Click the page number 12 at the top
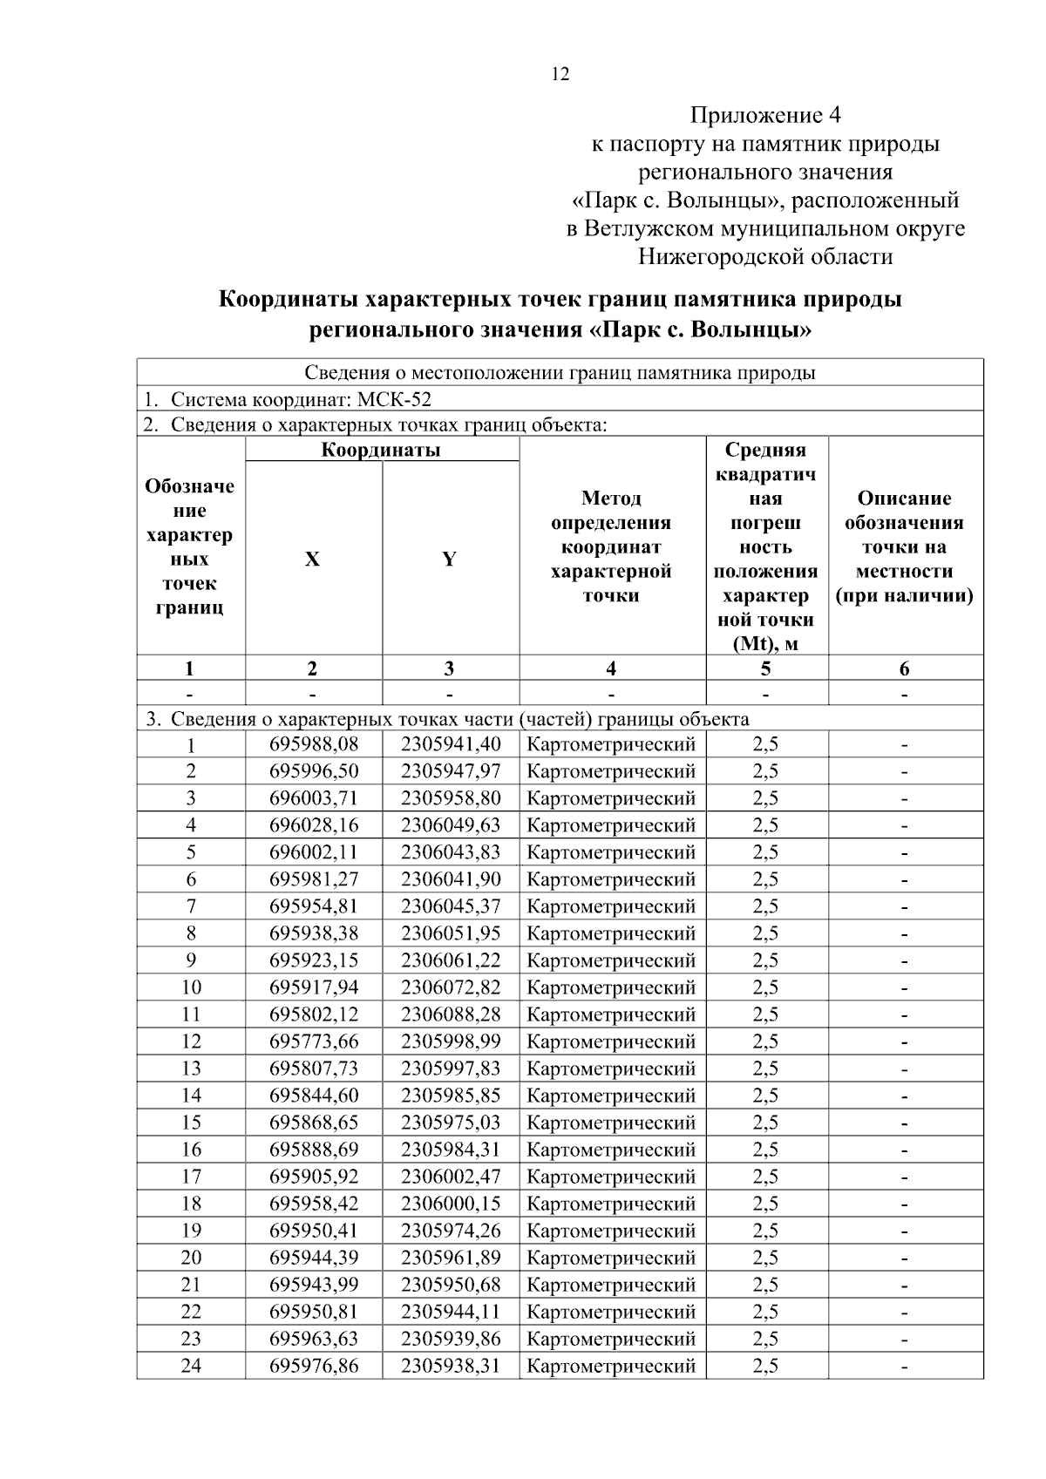pyautogui.click(x=560, y=74)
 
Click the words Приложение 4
pyautogui.click(x=765, y=115)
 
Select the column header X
pyautogui.click(x=312, y=560)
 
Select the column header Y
pyautogui.click(x=449, y=560)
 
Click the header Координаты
pyautogui.click(x=381, y=450)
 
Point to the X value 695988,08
pyautogui.click(x=314, y=744)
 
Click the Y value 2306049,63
pyautogui.click(x=451, y=825)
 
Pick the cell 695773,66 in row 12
pyautogui.click(x=314, y=1041)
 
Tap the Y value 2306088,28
pyautogui.click(x=451, y=1014)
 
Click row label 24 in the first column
pyautogui.click(x=191, y=1366)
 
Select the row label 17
pyautogui.click(x=191, y=1177)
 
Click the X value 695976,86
pyautogui.click(x=314, y=1366)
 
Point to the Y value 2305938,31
pyautogui.click(x=451, y=1366)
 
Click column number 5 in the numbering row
pyautogui.click(x=765, y=668)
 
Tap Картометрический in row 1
pyautogui.click(x=611, y=744)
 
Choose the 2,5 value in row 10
pyautogui.click(x=765, y=987)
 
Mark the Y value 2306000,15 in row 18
pyautogui.click(x=451, y=1204)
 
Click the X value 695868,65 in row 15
pyautogui.click(x=314, y=1123)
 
